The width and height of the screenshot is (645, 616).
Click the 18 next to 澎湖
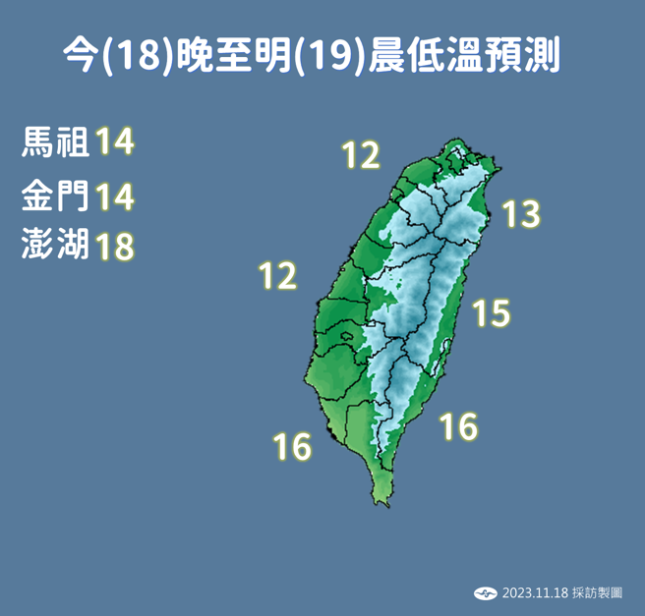pos(114,246)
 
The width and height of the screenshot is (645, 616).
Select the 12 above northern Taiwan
pos(360,155)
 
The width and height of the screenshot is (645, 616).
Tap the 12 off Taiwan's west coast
pos(277,276)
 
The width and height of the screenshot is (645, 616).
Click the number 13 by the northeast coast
pos(521,213)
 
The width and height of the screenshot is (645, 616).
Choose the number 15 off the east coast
pos(491,313)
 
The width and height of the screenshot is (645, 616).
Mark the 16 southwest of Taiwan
pos(292,447)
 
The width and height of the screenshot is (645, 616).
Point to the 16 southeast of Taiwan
pos(458,426)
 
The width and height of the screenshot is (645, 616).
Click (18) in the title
pos(131,56)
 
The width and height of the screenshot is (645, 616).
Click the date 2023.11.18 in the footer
pos(535,593)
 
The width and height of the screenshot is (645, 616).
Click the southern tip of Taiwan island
pos(377,502)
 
